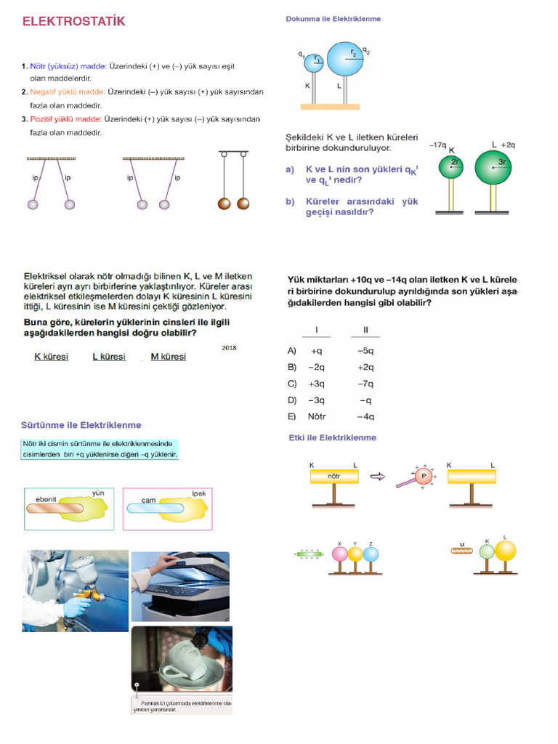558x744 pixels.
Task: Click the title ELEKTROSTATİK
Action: (73, 22)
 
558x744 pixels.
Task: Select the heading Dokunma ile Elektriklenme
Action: (333, 19)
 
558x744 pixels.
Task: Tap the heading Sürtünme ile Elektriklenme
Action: (81, 425)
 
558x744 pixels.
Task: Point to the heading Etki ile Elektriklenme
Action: (333, 437)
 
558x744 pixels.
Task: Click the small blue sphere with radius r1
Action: (314, 63)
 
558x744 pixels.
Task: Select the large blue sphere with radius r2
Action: (346, 59)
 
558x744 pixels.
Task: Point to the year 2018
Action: (229, 348)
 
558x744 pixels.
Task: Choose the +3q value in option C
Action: (317, 384)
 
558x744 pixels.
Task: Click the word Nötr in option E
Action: (317, 416)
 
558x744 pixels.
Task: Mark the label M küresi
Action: (168, 357)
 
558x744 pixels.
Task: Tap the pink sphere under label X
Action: (340, 554)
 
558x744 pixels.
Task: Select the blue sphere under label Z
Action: (371, 554)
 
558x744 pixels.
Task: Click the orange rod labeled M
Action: (463, 551)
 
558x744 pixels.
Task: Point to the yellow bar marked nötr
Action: (334, 477)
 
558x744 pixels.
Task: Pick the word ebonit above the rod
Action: (46, 499)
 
